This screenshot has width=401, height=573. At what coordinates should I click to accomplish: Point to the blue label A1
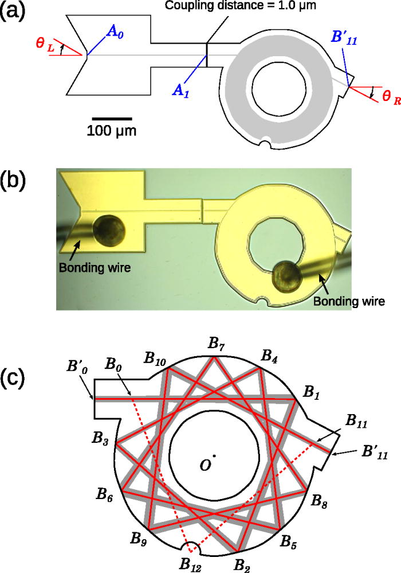coord(182,88)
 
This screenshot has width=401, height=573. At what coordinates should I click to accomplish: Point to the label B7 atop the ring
coord(217,345)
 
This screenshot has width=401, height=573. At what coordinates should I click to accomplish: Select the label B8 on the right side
coord(320,500)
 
